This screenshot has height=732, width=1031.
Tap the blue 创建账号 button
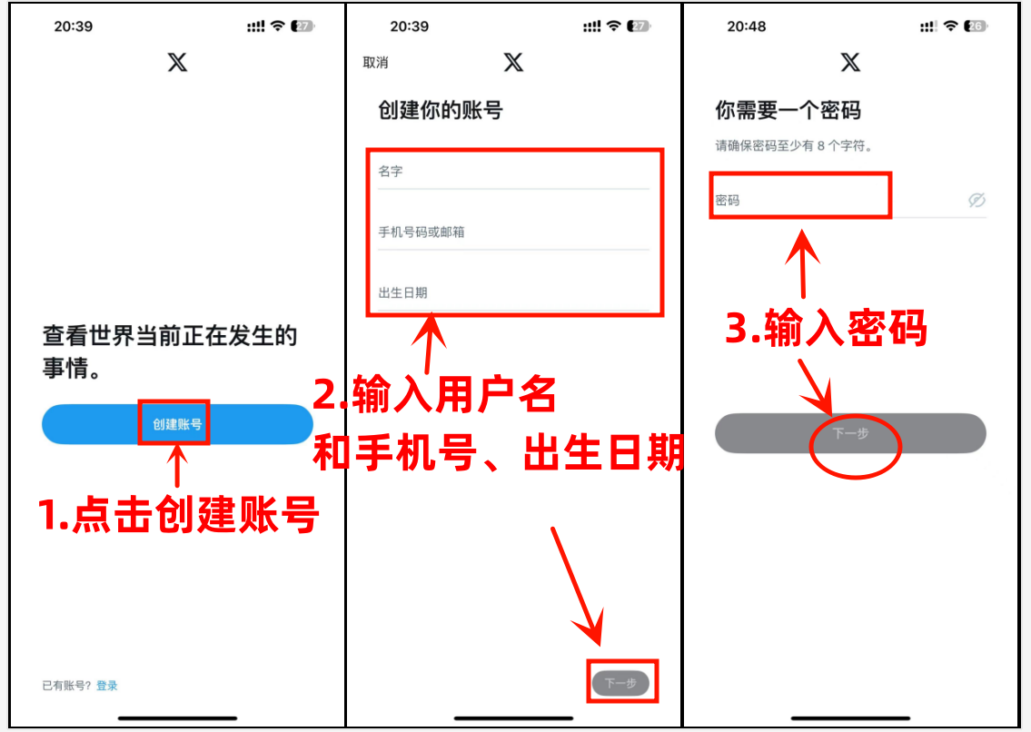(177, 424)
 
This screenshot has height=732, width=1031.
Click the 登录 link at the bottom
(107, 686)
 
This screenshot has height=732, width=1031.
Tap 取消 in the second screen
(375, 63)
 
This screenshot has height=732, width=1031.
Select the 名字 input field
(513, 172)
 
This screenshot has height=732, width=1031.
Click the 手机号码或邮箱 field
(513, 232)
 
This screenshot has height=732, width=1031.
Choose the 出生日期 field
(513, 292)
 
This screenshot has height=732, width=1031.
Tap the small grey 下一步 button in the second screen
(620, 683)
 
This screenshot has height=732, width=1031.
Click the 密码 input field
(799, 200)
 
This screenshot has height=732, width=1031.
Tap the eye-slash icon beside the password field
(976, 200)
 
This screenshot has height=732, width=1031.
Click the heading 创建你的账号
(441, 111)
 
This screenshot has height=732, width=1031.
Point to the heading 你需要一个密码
(788, 111)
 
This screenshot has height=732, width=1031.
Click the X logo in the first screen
(177, 63)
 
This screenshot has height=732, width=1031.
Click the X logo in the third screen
(850, 63)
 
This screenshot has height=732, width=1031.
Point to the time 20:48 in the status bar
(747, 26)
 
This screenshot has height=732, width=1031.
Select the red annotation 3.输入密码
(826, 329)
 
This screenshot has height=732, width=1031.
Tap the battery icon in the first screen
(302, 26)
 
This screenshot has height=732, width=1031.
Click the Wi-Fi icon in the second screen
(614, 26)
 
